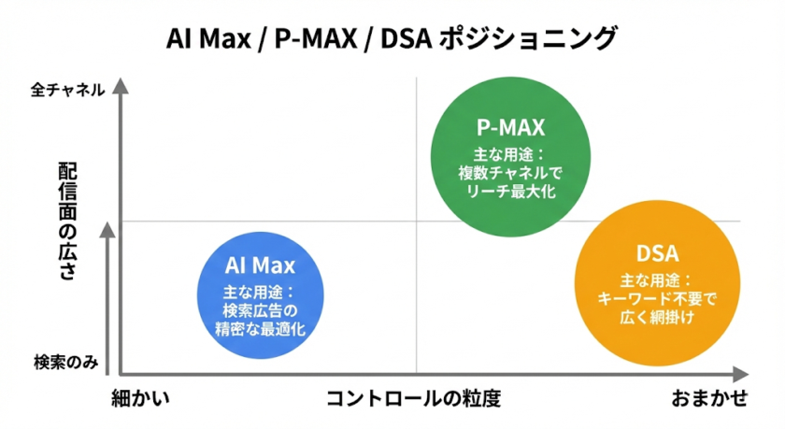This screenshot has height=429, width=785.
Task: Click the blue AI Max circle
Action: point(260,295)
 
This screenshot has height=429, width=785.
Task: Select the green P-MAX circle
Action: point(510,157)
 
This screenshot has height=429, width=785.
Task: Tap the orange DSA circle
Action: point(657,283)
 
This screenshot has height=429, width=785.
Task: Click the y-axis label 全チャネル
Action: point(67,90)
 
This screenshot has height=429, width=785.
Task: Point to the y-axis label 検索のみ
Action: point(66,362)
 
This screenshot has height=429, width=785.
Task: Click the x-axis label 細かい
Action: point(141,398)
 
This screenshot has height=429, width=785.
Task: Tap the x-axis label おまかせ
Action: point(709,398)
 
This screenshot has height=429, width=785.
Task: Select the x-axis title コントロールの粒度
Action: point(413,398)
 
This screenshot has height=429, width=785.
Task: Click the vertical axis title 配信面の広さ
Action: point(67,221)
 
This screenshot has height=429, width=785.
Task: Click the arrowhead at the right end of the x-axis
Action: point(740,374)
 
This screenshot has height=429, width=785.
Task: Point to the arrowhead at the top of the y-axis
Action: point(121,86)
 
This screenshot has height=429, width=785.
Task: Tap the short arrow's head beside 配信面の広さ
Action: point(107,230)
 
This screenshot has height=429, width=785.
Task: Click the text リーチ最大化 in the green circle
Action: point(510,191)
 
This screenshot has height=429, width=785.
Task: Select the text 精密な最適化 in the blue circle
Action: point(261,329)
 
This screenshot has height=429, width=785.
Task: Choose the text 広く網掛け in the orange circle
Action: point(657,317)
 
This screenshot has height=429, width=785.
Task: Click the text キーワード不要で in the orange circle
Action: point(657,299)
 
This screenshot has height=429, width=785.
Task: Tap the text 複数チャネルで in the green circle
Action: point(510,173)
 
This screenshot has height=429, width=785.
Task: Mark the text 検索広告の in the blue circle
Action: point(261,311)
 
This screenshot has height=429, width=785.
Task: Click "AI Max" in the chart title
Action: point(208,38)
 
